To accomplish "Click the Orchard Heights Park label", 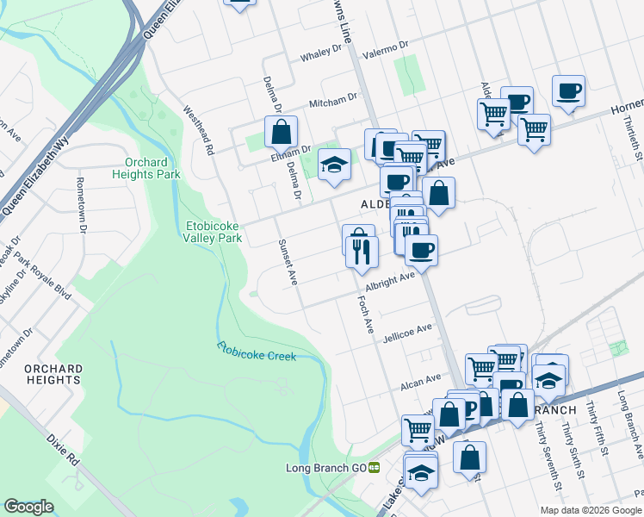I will point(152,168).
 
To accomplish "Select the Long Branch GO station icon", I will point(375,468).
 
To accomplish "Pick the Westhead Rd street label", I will point(198,130).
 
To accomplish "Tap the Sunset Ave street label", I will point(287,262).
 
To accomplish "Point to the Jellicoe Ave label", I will point(408,332).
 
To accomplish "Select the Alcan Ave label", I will point(421,379).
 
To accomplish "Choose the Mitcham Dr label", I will point(333,101).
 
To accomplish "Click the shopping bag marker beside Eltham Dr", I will point(281,133).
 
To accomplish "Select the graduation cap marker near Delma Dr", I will point(334,164).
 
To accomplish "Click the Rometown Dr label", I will point(82,205).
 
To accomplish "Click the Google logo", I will point(28,507).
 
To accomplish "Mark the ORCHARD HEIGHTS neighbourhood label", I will point(53,374).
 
